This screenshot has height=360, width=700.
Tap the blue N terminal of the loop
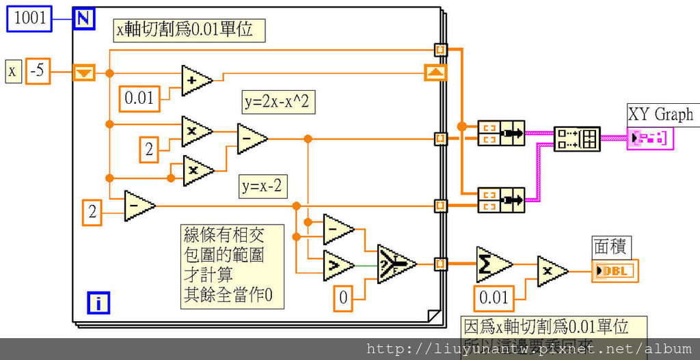[83, 18]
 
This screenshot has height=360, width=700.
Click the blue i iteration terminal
[98, 302]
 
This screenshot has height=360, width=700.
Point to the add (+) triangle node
[196, 81]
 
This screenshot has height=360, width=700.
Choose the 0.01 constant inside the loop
[139, 98]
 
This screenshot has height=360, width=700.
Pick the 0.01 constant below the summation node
[494, 297]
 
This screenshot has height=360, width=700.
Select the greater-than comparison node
[337, 265]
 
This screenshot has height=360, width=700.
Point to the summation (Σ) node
[492, 264]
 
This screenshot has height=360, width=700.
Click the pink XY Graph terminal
[649, 139]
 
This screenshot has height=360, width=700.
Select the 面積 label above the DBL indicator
[610, 247]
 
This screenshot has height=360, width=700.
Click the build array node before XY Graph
[576, 139]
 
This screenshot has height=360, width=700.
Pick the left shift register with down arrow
[84, 72]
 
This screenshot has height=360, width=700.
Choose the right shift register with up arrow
[435, 72]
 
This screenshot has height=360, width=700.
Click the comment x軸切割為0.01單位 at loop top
[189, 30]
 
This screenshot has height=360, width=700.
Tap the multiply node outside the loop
[551, 271]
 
